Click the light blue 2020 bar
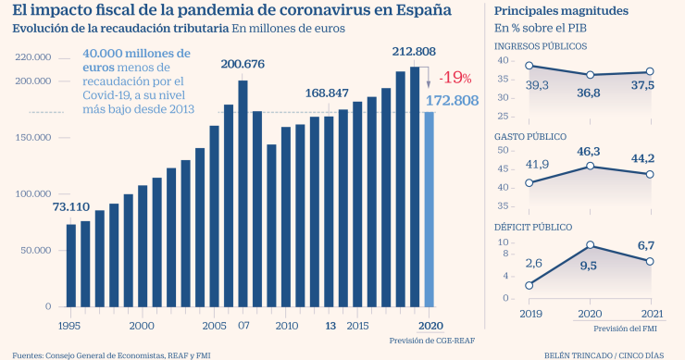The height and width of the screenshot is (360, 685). pos(428,208)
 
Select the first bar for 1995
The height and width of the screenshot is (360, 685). pos(71,265)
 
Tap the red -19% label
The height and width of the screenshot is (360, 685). pos(455,77)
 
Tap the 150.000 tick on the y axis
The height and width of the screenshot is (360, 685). pos(33,138)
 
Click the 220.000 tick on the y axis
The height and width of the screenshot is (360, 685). pos(33,57)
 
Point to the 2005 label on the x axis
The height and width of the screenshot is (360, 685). pos(214,326)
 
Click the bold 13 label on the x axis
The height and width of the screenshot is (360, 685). pos(330,326)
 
